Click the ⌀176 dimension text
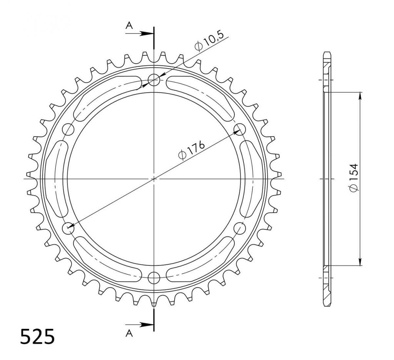(x=192, y=151)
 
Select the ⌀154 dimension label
(x=354, y=177)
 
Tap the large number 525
(x=37, y=337)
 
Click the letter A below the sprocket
(x=129, y=333)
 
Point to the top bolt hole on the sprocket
(x=154, y=80)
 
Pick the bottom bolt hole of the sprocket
(x=154, y=278)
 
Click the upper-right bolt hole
(x=239, y=129)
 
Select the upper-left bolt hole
(x=68, y=130)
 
